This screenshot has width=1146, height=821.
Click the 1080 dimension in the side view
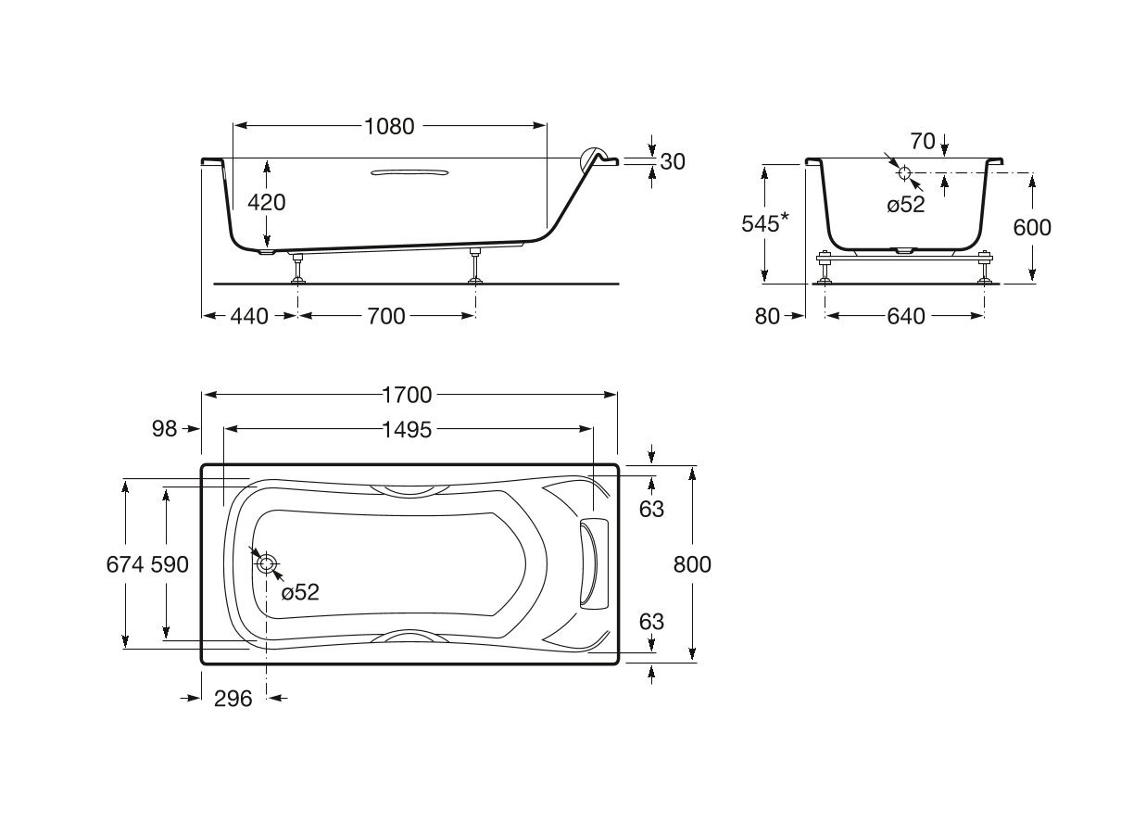point(389,126)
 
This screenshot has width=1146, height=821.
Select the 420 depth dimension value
point(267,201)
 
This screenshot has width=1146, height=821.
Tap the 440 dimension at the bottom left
point(248,316)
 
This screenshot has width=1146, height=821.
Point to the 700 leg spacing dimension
point(385,316)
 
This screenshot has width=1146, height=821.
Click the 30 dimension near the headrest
point(673,161)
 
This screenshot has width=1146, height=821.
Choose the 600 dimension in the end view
point(1032,227)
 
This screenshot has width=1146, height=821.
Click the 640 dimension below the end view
point(905,316)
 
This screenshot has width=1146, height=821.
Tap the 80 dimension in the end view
point(767,316)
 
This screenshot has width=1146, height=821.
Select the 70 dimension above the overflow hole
point(922,142)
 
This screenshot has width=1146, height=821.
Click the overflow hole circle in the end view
point(905,172)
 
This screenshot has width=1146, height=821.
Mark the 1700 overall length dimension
point(408,395)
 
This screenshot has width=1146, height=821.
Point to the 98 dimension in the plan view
point(165,428)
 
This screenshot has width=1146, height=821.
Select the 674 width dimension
point(124,564)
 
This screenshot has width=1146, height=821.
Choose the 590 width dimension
point(170,564)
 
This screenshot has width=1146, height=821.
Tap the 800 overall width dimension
point(692,564)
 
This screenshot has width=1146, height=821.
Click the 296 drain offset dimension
point(233,699)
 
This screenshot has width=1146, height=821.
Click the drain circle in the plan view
point(268,563)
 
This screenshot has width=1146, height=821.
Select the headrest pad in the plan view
point(590,563)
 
